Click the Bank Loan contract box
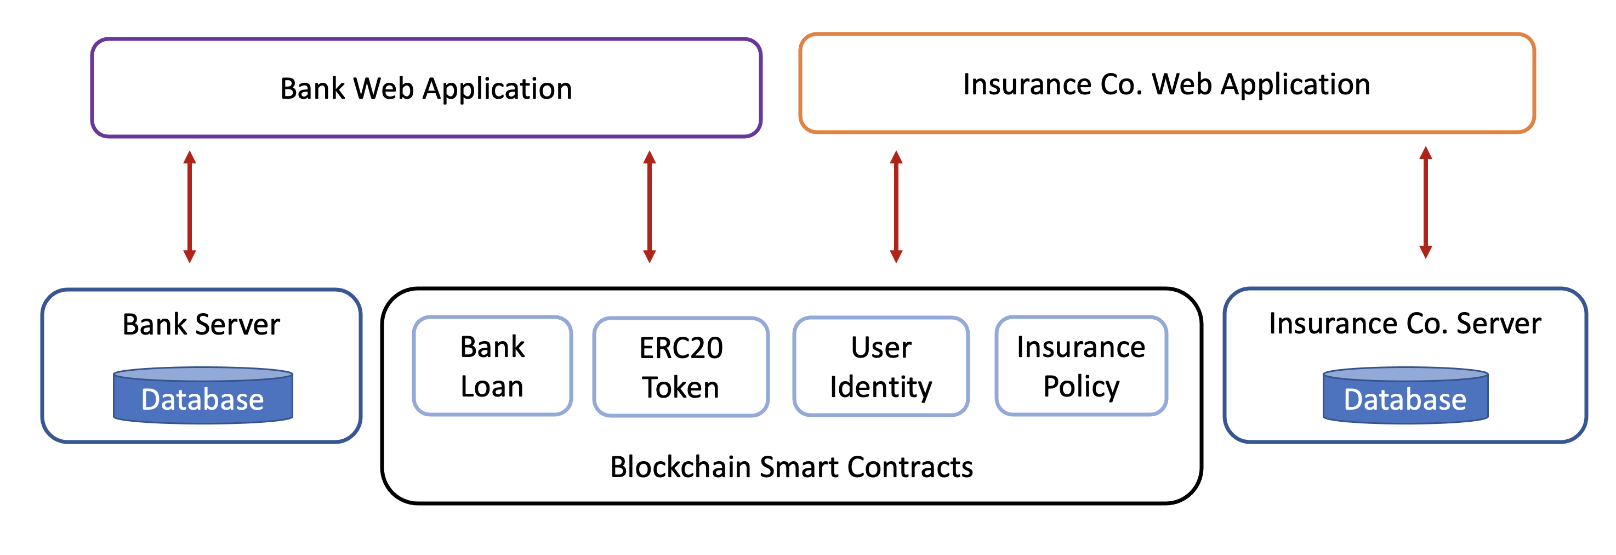(492, 366)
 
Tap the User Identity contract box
(881, 366)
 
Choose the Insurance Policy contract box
(1081, 366)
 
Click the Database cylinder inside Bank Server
(203, 395)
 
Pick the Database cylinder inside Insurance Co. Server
(1405, 395)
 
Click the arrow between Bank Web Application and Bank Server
(190, 207)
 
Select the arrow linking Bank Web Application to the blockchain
(649, 207)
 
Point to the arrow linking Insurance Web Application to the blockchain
(896, 207)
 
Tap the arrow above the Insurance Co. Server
(1425, 202)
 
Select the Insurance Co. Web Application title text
(1166, 85)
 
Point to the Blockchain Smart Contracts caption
(791, 467)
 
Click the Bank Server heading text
(201, 325)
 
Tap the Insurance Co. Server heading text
(1404, 324)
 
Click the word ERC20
(681, 348)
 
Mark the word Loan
(492, 386)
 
